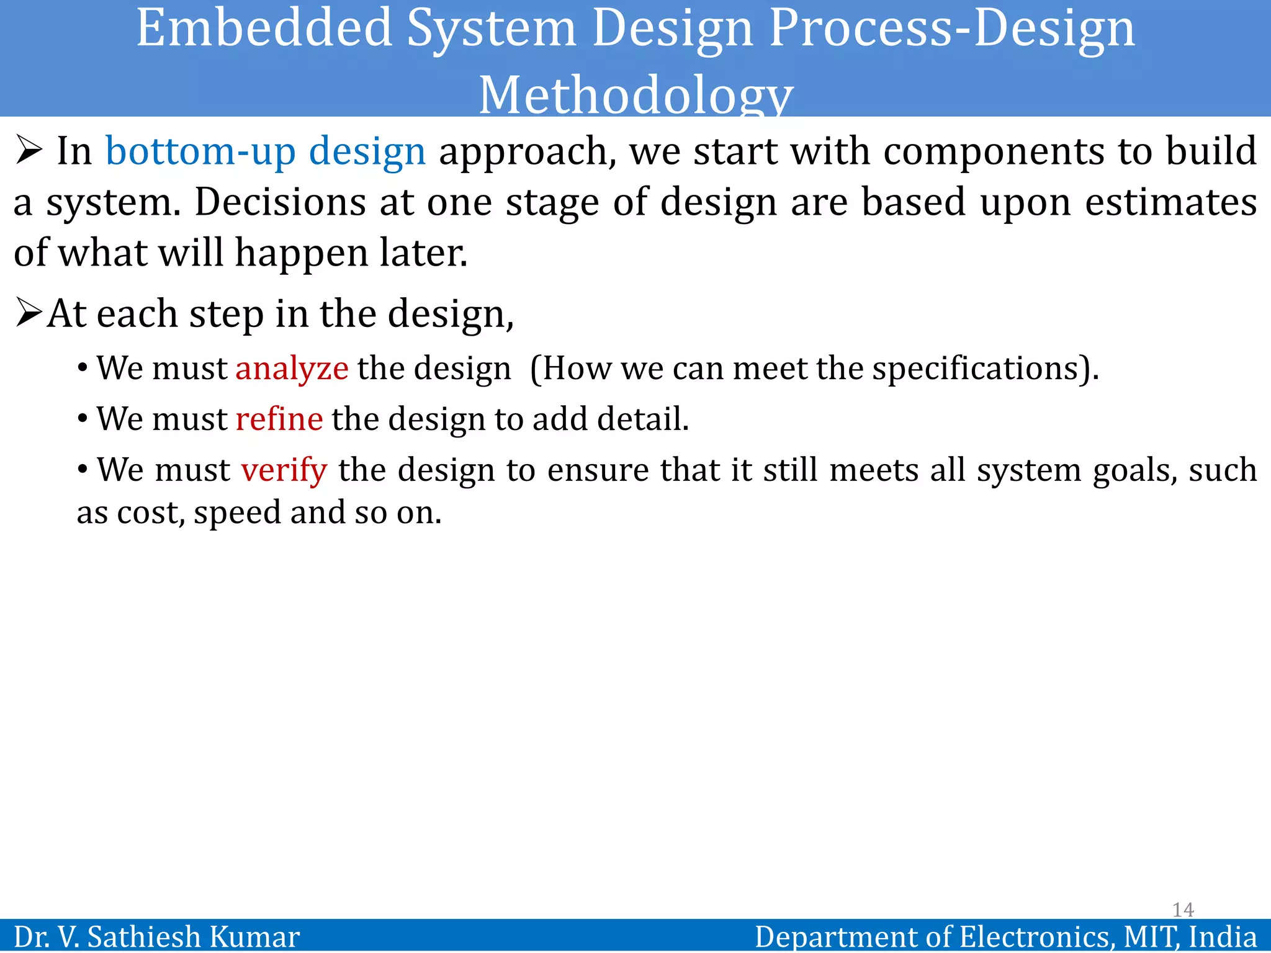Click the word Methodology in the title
click(x=636, y=94)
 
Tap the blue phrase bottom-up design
click(x=266, y=151)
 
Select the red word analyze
click(x=292, y=369)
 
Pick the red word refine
click(x=279, y=419)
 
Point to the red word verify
click(x=284, y=470)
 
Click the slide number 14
click(x=1183, y=910)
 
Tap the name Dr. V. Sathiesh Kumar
click(x=156, y=936)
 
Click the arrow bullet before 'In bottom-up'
click(x=29, y=151)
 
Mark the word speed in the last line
click(x=238, y=513)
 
